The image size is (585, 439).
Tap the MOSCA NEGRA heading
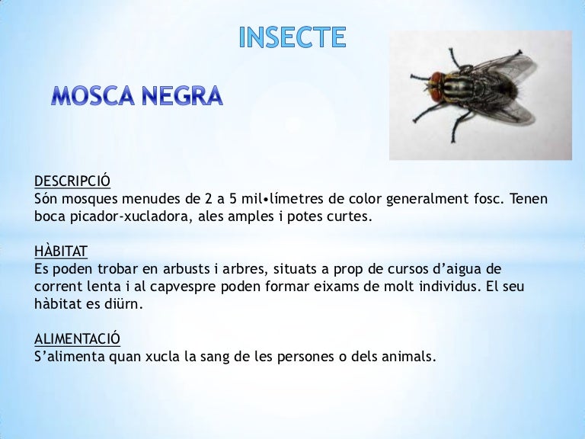point(137,97)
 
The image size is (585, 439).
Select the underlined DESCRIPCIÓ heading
point(72,181)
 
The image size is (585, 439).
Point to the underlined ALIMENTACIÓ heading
point(77,338)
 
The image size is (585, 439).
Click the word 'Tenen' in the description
point(529,199)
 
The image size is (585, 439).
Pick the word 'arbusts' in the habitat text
point(165,269)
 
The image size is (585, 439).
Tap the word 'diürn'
point(122,304)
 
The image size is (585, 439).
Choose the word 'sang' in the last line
point(202,356)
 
